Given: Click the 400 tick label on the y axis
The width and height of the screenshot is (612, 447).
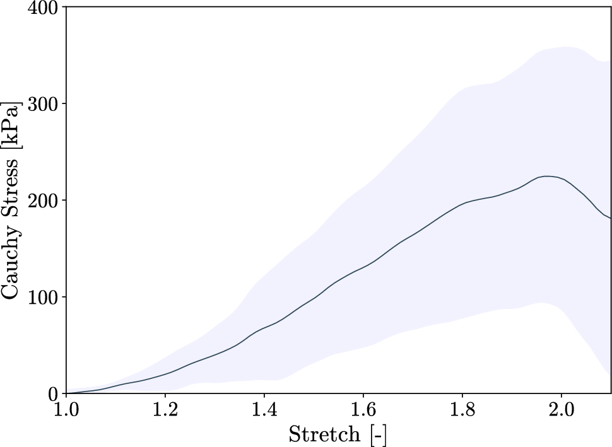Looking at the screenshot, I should pyautogui.click(x=43, y=8).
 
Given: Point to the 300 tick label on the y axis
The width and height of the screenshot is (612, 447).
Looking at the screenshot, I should pyautogui.click(x=43, y=103).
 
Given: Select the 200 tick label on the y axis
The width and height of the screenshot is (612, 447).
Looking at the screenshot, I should pyautogui.click(x=43, y=200).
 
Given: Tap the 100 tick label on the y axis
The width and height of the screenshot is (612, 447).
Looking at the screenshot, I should pyautogui.click(x=43, y=297).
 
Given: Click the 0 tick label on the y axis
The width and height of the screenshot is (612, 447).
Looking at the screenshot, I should pyautogui.click(x=53, y=393).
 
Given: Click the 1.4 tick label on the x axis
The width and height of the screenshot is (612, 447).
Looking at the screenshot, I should pyautogui.click(x=264, y=410).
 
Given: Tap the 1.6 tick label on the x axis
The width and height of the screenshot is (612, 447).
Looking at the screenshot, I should pyautogui.click(x=363, y=410).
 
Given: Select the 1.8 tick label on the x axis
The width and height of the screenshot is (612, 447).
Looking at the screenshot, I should pyautogui.click(x=462, y=410).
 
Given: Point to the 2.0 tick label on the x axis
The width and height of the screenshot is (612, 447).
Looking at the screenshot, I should pyautogui.click(x=561, y=410).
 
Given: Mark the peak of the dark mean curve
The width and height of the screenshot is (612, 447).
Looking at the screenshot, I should pyautogui.click(x=548, y=177).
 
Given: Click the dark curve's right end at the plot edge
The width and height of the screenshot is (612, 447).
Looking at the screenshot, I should pyautogui.click(x=610, y=218).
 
